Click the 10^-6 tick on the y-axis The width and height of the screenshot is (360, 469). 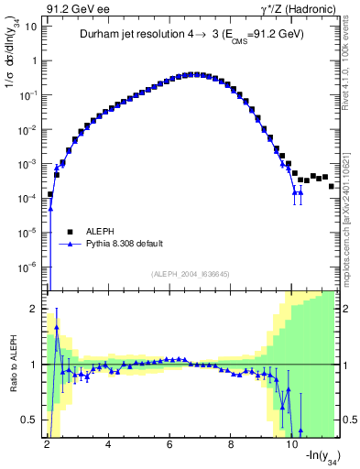click(29, 267)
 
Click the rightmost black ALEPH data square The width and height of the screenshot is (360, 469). click(332, 186)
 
